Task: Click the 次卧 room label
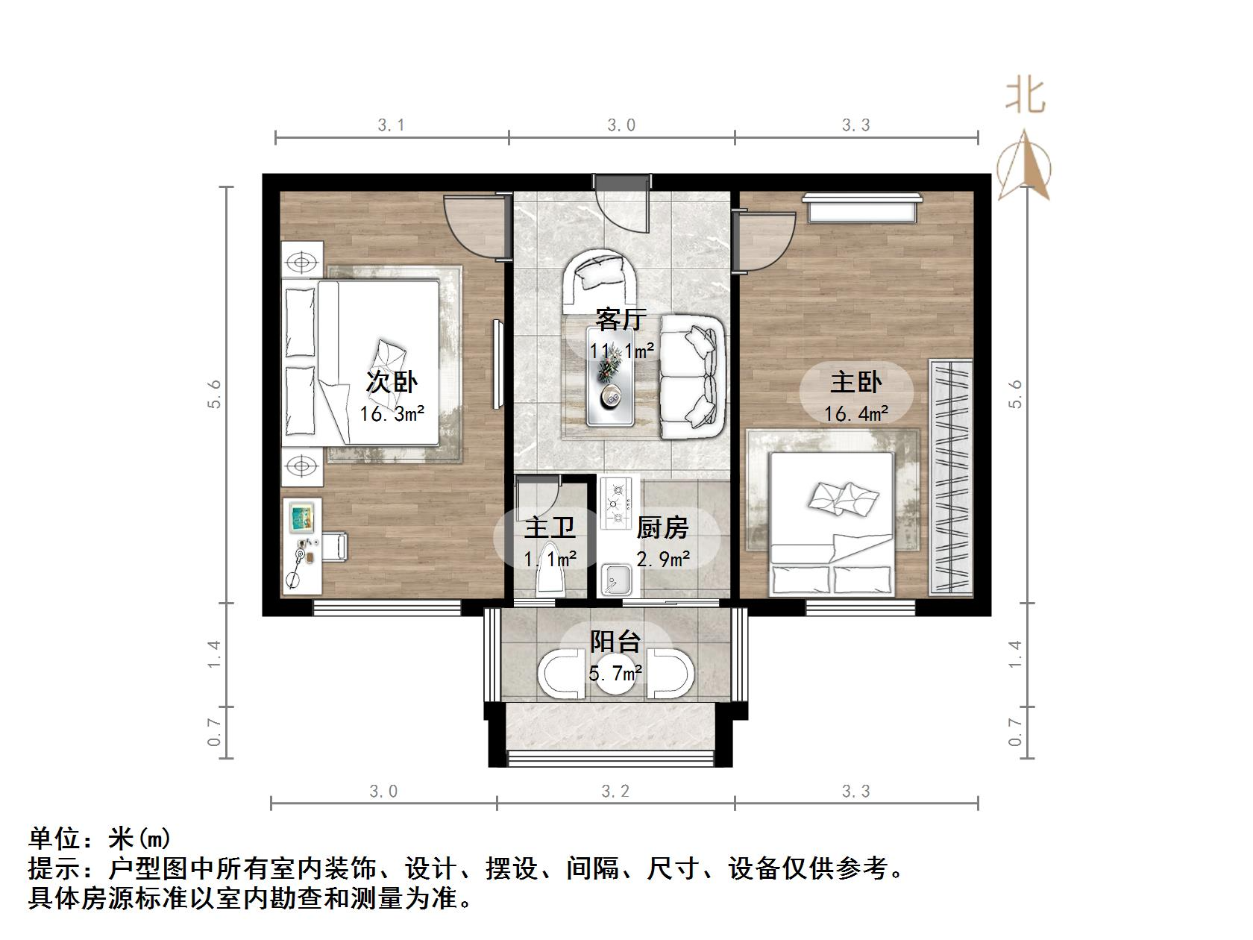point(391,382)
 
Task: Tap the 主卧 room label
point(855,382)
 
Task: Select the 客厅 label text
point(621,319)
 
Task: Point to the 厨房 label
point(662,527)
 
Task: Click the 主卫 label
point(550,527)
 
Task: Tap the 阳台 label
point(615,642)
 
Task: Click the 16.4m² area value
point(855,413)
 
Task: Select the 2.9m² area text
point(662,558)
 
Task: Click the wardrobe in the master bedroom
point(950,477)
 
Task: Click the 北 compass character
point(1026,95)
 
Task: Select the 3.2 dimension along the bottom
point(615,791)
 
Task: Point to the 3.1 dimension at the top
point(391,125)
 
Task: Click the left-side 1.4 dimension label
point(215,654)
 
